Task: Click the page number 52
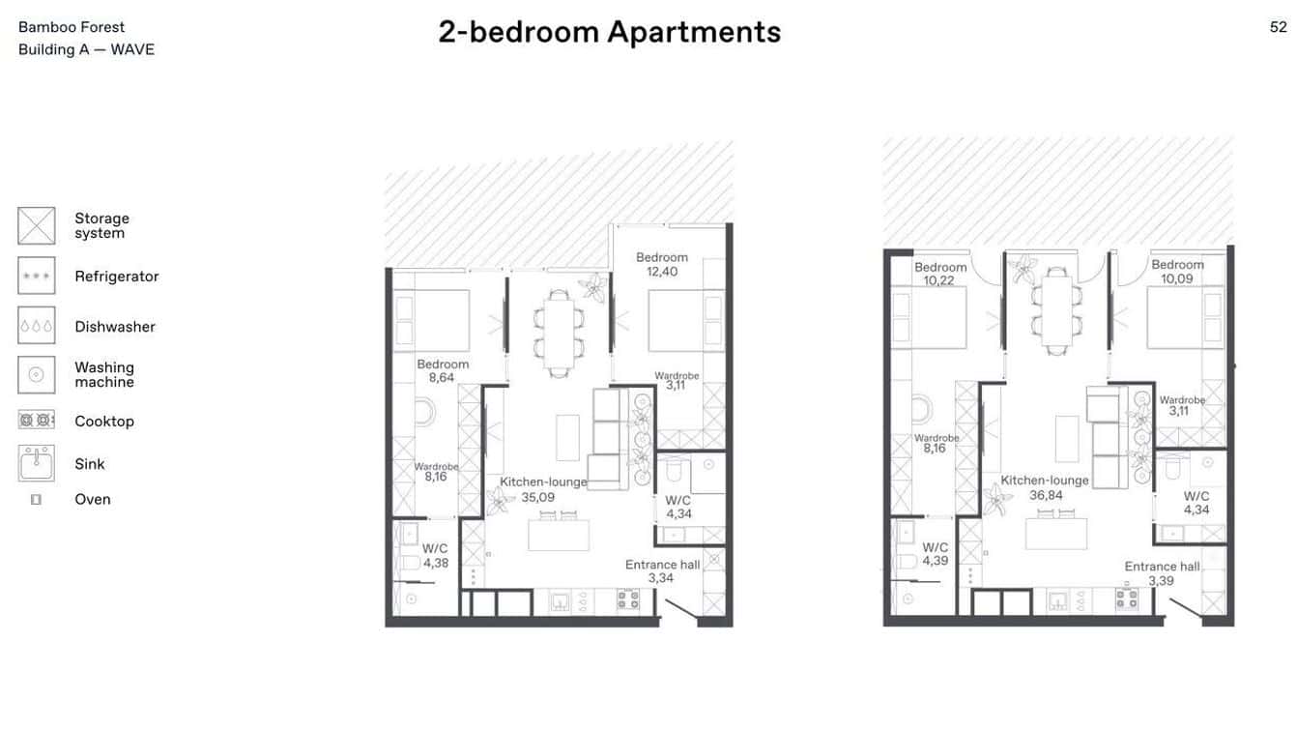(1278, 27)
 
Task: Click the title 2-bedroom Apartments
(609, 32)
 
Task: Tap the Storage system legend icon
(37, 225)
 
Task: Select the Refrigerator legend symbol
(37, 276)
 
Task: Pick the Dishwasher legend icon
(37, 326)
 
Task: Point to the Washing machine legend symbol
(37, 374)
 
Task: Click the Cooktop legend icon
(37, 421)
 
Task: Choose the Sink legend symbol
(37, 463)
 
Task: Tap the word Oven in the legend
(93, 499)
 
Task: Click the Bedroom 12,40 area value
(662, 272)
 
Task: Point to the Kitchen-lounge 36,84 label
(1045, 487)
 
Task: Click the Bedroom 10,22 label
(940, 274)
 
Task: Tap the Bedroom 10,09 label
(1177, 272)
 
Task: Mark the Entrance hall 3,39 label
(1162, 573)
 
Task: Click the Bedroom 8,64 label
(443, 371)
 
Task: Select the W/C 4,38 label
(435, 556)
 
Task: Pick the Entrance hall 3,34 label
(662, 571)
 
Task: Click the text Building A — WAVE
(86, 49)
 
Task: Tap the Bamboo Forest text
(72, 27)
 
